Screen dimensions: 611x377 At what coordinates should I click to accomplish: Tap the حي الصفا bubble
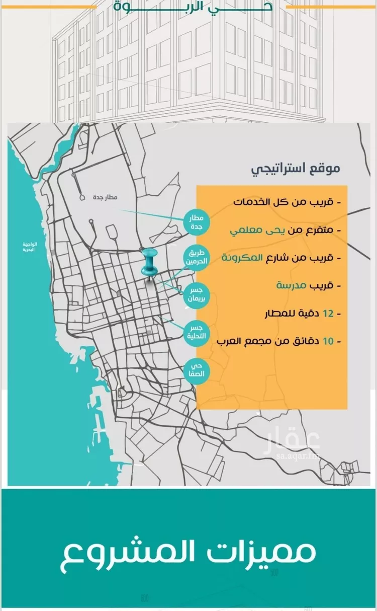(196, 371)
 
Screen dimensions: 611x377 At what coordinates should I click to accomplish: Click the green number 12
(328, 314)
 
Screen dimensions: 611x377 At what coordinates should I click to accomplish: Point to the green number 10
(328, 341)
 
